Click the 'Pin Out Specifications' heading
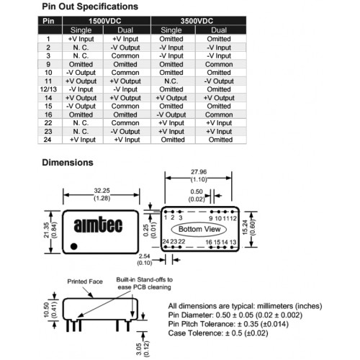click(90, 6)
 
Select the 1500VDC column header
click(105, 21)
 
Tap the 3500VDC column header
click(197, 21)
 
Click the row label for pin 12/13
click(48, 89)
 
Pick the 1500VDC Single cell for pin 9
click(81, 64)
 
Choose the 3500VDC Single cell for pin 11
click(171, 81)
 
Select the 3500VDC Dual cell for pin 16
click(219, 114)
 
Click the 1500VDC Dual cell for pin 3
click(125, 56)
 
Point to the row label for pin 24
click(48, 140)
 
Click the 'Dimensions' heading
click(68, 163)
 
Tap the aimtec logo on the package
click(98, 225)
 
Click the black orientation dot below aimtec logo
click(74, 246)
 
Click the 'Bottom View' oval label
click(199, 229)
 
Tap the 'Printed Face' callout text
click(85, 282)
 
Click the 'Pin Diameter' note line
click(235, 315)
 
